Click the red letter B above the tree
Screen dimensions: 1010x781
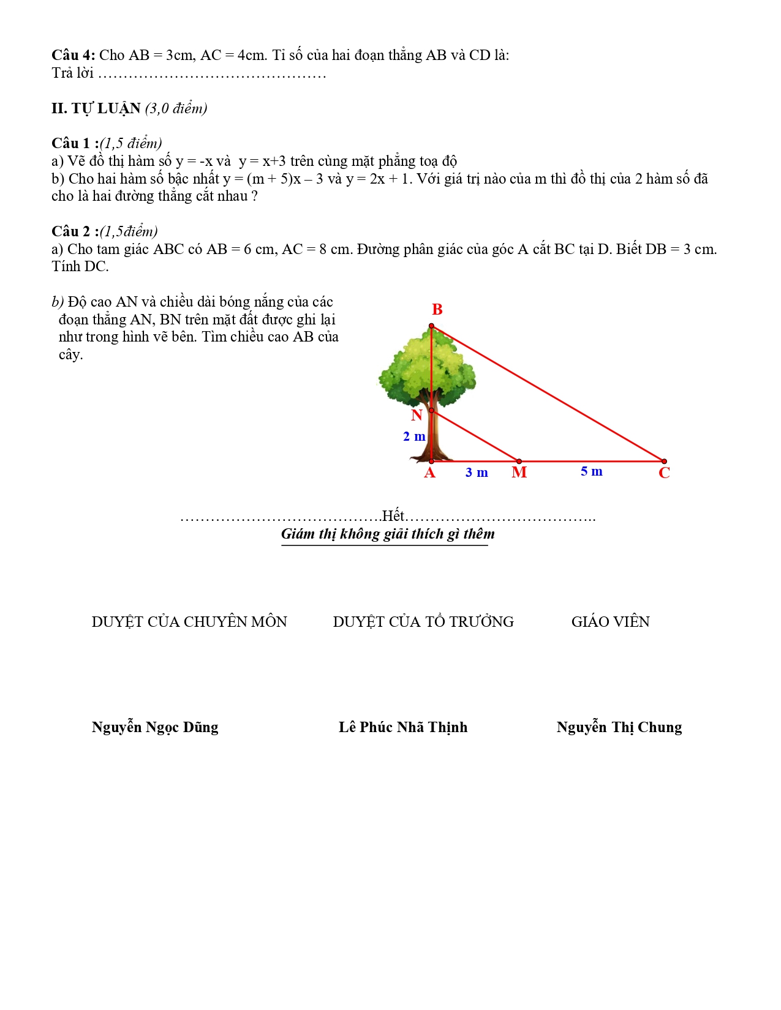(437, 310)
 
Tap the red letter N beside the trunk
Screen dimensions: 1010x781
(417, 416)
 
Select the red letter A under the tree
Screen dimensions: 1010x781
(429, 473)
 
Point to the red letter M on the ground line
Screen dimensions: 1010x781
(519, 473)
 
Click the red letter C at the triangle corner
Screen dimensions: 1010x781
(664, 473)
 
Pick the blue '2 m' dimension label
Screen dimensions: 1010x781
(414, 436)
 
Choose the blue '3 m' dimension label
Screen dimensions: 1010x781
(477, 473)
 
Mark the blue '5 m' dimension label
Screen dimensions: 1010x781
(592, 471)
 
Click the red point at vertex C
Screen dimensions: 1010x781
(664, 462)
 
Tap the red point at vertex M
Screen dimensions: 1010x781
(519, 462)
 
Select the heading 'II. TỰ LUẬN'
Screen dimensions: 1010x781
(96, 108)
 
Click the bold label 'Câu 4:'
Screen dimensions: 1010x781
(73, 55)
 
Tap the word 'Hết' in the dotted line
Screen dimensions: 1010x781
(393, 515)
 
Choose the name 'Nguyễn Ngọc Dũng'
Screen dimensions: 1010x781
(155, 727)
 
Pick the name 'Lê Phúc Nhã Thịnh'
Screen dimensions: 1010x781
(403, 727)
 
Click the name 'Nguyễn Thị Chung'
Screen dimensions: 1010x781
(619, 727)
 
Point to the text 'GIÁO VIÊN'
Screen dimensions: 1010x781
(610, 622)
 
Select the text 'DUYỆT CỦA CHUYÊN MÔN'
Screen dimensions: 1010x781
(189, 622)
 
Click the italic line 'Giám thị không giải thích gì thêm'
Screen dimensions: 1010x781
(388, 534)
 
